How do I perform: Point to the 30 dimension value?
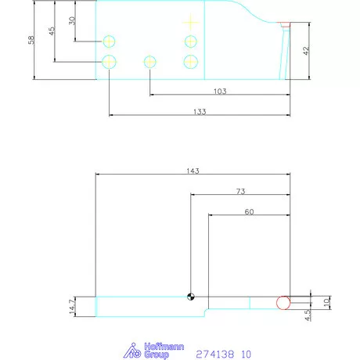coord(72,20)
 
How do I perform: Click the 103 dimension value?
coord(219,92)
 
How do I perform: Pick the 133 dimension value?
coord(199,112)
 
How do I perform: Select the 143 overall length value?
coord(193,171)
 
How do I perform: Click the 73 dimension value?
coord(240,191)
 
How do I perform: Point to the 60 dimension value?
coord(250,211)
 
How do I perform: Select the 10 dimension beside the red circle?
coord(327,300)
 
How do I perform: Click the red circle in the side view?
coord(283,302)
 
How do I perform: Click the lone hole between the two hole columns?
coord(149,61)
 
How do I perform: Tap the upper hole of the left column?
coord(110,41)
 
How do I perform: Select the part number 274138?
coord(214,354)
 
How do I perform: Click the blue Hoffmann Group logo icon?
coord(134,351)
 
